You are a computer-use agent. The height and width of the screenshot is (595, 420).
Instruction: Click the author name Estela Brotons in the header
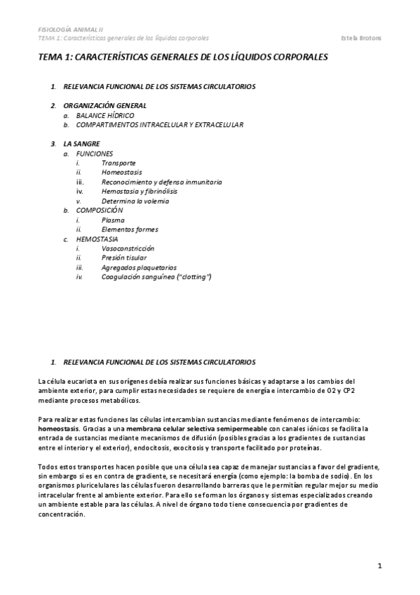click(x=379, y=37)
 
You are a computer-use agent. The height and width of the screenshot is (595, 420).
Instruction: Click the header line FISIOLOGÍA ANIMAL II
click(x=69, y=29)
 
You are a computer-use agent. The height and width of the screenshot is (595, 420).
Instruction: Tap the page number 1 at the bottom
click(x=379, y=566)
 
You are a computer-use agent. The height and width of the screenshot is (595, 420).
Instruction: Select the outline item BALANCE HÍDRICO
click(x=105, y=115)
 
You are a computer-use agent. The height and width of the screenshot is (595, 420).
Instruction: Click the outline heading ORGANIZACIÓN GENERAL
click(x=104, y=105)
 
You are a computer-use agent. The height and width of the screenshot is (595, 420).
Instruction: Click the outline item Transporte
click(x=119, y=162)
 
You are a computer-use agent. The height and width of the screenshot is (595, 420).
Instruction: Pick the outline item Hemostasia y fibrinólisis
click(x=139, y=191)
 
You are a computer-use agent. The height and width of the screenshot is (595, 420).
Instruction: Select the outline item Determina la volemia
click(x=135, y=201)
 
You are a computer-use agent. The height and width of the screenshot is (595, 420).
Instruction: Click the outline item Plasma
click(x=113, y=220)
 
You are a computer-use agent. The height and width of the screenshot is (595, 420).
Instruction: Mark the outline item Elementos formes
click(x=130, y=229)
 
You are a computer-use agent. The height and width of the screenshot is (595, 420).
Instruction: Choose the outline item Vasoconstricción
click(x=128, y=248)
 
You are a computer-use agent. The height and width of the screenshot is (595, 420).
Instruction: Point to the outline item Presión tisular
click(x=125, y=258)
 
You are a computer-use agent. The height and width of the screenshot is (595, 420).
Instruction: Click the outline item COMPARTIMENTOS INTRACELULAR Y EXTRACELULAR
click(x=160, y=124)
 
